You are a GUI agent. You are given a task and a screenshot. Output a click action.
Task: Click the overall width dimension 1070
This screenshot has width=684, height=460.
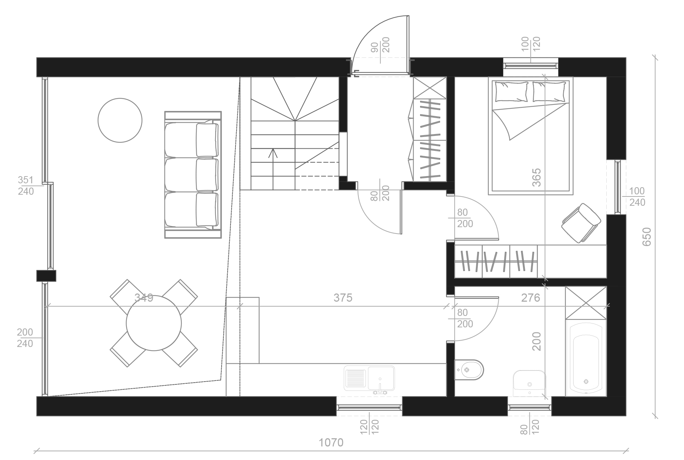click(331, 443)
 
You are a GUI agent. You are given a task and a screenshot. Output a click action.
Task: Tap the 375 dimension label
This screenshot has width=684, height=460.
click(343, 298)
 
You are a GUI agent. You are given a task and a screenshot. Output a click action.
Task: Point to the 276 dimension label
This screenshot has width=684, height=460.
click(530, 298)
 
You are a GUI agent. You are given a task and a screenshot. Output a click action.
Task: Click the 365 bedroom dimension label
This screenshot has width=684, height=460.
click(536, 177)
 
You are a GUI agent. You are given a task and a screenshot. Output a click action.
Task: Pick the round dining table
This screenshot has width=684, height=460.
click(154, 323)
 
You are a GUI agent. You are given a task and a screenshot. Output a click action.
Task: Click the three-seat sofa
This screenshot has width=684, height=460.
click(193, 175)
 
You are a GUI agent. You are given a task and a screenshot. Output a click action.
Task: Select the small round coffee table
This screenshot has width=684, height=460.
click(120, 121)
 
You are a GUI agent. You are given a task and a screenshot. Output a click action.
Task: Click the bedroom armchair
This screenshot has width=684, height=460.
click(581, 223)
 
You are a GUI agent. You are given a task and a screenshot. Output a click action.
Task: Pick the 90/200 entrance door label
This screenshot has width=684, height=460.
click(381, 45)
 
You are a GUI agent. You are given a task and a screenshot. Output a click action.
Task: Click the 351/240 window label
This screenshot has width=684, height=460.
click(26, 186)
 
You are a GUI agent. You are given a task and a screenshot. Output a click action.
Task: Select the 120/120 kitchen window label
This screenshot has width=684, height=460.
click(369, 427)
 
